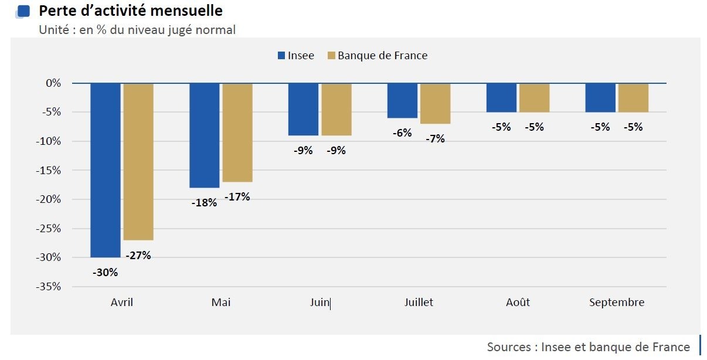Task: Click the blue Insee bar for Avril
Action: (x=106, y=170)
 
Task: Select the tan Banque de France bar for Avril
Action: (x=138, y=161)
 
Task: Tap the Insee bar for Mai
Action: (x=205, y=135)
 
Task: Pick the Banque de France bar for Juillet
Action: (x=435, y=103)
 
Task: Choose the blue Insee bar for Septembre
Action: (x=600, y=97)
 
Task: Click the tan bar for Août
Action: (x=534, y=97)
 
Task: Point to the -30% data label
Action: (x=106, y=272)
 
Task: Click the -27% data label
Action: (x=138, y=255)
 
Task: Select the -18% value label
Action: (x=204, y=203)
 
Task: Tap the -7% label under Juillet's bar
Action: (x=435, y=139)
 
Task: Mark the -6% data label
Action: (x=402, y=133)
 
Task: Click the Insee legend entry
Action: (x=296, y=56)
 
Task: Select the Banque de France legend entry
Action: (x=378, y=56)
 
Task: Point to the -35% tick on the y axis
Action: (x=50, y=287)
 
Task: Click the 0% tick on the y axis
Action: (x=53, y=83)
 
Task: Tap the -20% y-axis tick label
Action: (x=50, y=199)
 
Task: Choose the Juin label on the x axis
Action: (x=319, y=303)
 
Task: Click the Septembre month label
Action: (x=617, y=303)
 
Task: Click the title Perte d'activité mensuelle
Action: (x=131, y=11)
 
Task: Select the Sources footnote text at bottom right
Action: (x=588, y=347)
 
